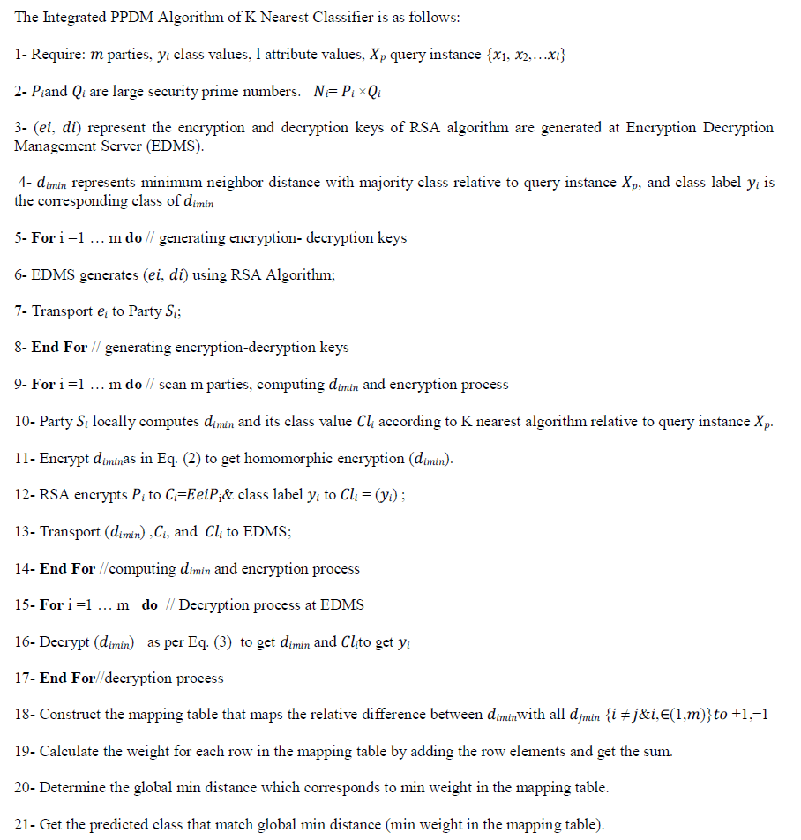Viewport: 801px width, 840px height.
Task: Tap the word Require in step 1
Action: click(57, 55)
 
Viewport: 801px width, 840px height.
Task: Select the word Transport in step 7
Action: click(62, 311)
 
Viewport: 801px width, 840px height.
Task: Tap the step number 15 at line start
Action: click(23, 604)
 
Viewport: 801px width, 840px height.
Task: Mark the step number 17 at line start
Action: click(23, 679)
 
